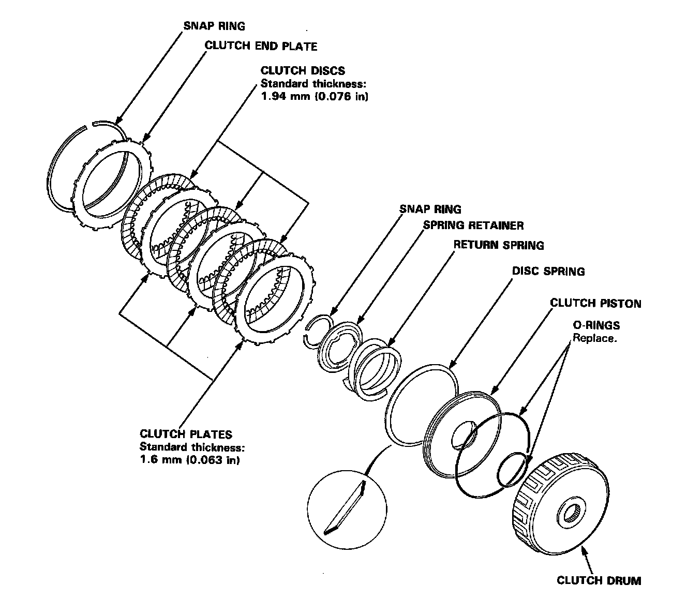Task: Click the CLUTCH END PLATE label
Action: coord(261,46)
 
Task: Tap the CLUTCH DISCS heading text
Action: coord(303,70)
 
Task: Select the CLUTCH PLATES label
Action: coord(186,434)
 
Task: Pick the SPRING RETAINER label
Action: coord(473,226)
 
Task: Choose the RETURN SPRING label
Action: coord(498,245)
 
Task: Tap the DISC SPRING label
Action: coord(548,271)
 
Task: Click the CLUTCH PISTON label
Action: coord(595,303)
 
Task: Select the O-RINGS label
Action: coord(595,325)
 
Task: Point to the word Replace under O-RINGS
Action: coord(594,339)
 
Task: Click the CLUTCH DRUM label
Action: coord(599,580)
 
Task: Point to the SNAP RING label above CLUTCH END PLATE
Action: coord(214,26)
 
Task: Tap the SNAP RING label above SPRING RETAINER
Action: coord(430,209)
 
